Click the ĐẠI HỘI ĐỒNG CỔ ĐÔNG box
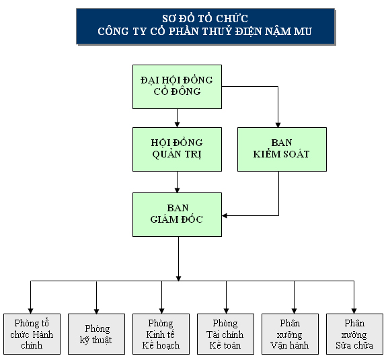pos(177,86)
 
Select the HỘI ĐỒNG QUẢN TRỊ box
pos(177,149)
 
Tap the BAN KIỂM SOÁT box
pos(282,149)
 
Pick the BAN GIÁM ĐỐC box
pos(177,214)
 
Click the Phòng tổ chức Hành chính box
pos(32,334)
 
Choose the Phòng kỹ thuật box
pos(97,334)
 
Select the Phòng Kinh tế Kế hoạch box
pos(161,334)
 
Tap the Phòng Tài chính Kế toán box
pos(225,334)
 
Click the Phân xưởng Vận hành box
pos(290,334)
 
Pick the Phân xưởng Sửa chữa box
pos(354,334)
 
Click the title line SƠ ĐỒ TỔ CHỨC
pos(205,18)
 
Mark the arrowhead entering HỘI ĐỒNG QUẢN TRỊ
pos(177,124)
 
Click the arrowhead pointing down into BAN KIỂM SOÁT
pos(278,124)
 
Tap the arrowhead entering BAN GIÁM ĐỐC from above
pos(177,189)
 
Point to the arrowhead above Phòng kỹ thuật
pos(97,310)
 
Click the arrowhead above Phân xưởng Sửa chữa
pos(354,310)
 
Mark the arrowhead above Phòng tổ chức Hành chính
pos(31,310)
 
